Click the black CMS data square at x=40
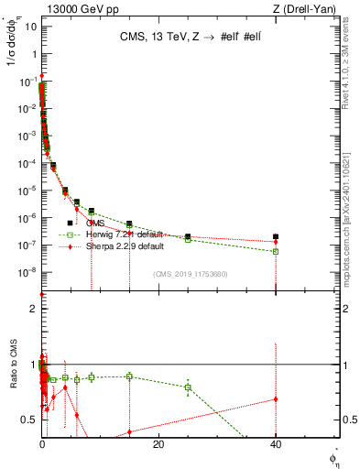coord(276,236)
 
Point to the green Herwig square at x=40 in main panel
coord(276,251)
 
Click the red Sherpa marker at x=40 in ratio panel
coord(276,398)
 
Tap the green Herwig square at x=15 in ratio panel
coord(129,376)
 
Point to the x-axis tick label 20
coord(158,444)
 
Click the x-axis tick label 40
coord(276,444)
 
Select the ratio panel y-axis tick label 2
coord(34,309)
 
